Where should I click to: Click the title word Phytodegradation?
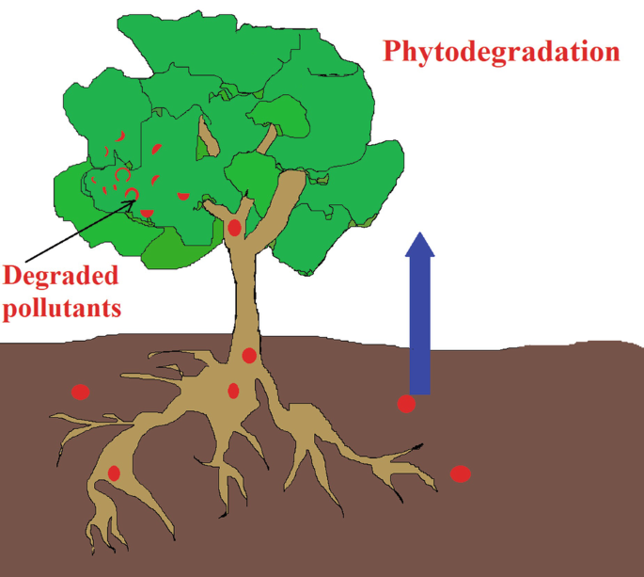(501, 51)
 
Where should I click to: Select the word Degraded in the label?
(61, 276)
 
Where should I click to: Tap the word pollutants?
(62, 308)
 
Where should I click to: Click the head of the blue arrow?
(419, 247)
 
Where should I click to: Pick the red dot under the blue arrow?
(406, 404)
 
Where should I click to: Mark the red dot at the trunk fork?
(234, 227)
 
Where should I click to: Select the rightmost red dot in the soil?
(460, 473)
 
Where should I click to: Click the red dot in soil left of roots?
(81, 393)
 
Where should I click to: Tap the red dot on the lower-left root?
(114, 473)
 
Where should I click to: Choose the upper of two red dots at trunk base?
(249, 355)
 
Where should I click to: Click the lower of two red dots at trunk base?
(233, 391)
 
